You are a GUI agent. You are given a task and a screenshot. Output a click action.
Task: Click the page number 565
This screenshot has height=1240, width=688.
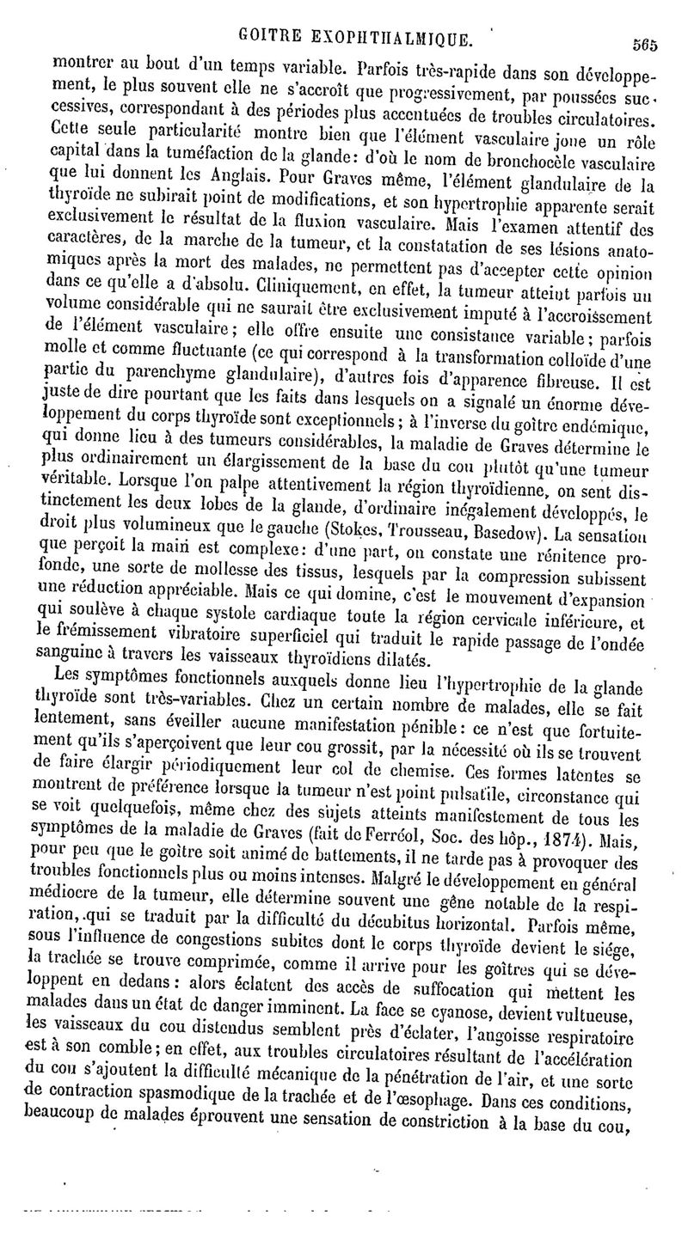click(x=645, y=47)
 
